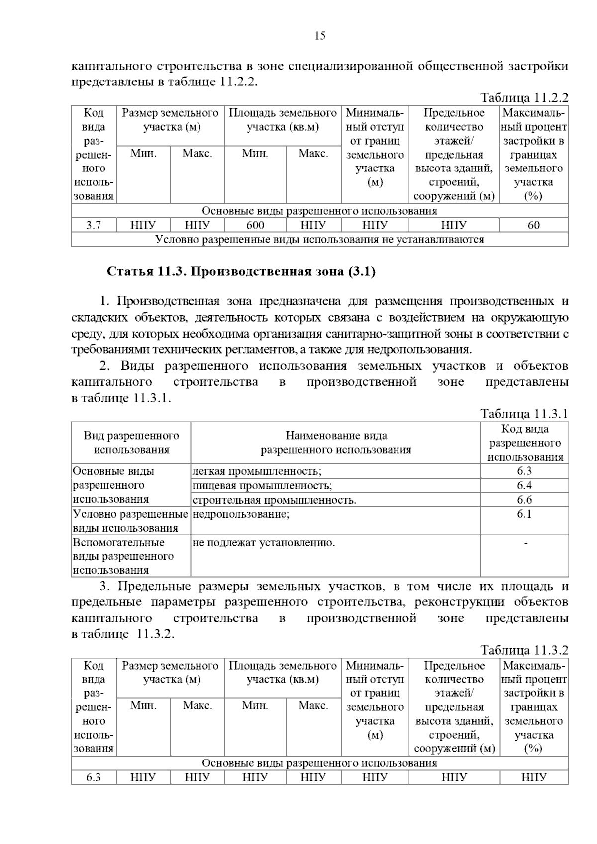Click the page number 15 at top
point(320,36)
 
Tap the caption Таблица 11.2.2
point(524,97)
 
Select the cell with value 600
point(255,225)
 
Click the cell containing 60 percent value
point(533,225)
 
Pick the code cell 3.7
point(94,225)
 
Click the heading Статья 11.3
point(241,272)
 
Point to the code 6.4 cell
point(524,485)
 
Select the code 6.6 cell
point(524,500)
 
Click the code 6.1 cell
point(524,514)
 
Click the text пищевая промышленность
point(262,486)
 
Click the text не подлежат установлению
point(264,543)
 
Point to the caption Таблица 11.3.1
point(524,414)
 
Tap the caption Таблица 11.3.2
point(524,650)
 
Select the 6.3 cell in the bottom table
point(94,777)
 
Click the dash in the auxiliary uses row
point(525,543)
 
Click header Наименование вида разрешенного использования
point(336,443)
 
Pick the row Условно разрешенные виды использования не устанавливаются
point(319,240)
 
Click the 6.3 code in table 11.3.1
point(524,471)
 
